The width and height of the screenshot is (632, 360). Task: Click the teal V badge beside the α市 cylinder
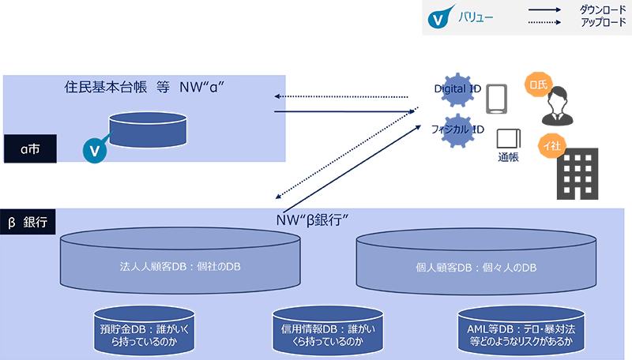tap(96, 148)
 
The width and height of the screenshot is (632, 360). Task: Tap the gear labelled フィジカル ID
tap(454, 131)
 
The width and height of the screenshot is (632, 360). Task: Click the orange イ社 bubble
tap(550, 144)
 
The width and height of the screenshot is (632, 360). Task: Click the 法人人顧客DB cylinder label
tap(180, 267)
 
